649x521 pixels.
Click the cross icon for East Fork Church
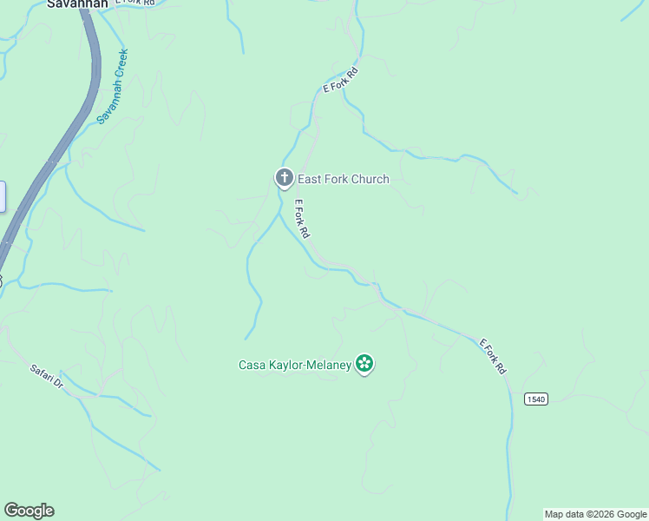tap(284, 178)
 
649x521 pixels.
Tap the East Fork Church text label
tap(344, 180)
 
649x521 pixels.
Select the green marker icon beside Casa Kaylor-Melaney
tap(364, 365)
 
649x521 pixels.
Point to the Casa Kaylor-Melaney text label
tap(295, 366)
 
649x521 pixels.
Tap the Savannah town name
tap(77, 3)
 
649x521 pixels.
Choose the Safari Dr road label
tap(47, 376)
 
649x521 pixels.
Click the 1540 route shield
tap(536, 399)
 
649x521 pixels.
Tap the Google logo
tap(29, 511)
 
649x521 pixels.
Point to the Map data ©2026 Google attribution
tap(596, 514)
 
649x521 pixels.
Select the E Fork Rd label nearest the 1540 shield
tap(493, 357)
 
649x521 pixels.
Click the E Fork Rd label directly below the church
tap(302, 220)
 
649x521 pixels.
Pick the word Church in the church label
tap(370, 180)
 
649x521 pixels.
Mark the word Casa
tap(252, 366)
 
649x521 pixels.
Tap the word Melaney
tap(331, 366)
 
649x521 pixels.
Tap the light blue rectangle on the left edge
tap(2, 196)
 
